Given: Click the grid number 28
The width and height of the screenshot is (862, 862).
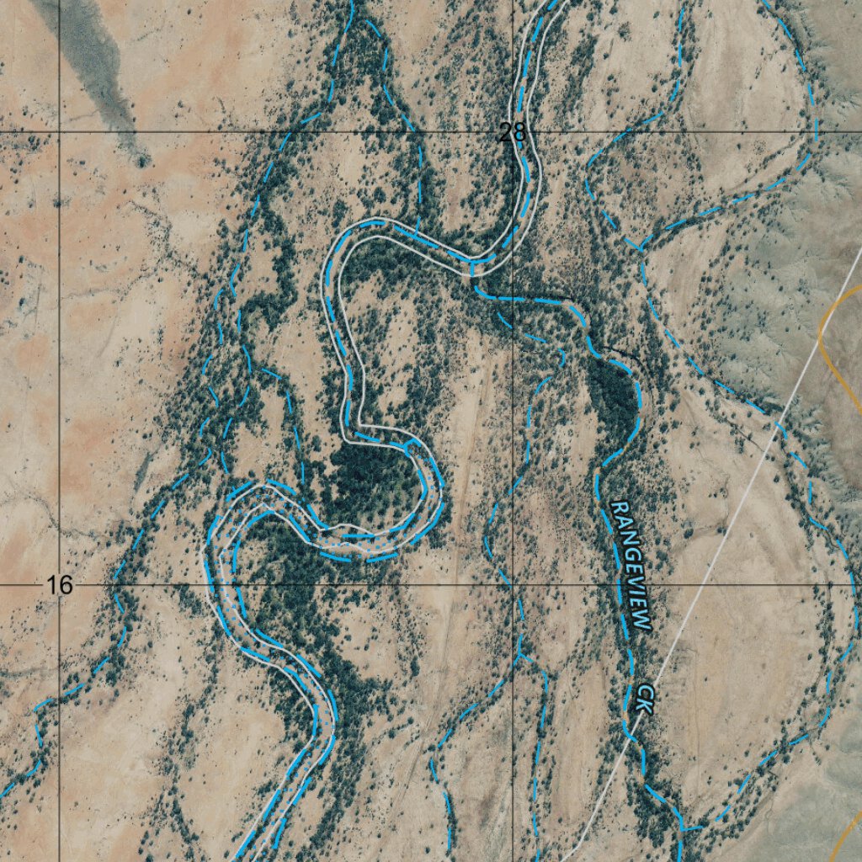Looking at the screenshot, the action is [x=512, y=132].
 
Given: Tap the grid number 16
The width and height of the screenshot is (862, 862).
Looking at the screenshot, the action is [x=60, y=585].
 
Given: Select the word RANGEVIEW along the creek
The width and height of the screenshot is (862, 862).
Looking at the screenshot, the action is [x=631, y=566].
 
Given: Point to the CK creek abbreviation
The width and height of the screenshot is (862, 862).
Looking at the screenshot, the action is [x=644, y=698].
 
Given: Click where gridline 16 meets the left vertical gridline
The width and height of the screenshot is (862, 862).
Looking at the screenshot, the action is [x=59, y=583].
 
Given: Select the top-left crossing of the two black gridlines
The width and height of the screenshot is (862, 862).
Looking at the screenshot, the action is [x=59, y=132].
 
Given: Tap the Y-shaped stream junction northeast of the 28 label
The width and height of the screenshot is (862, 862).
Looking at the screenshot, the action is [x=640, y=249].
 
